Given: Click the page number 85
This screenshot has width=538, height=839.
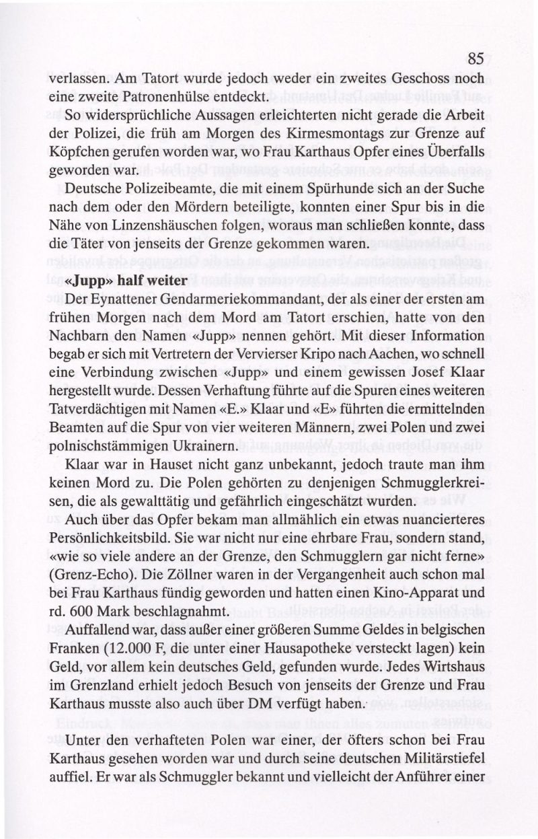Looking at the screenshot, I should [x=475, y=59].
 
